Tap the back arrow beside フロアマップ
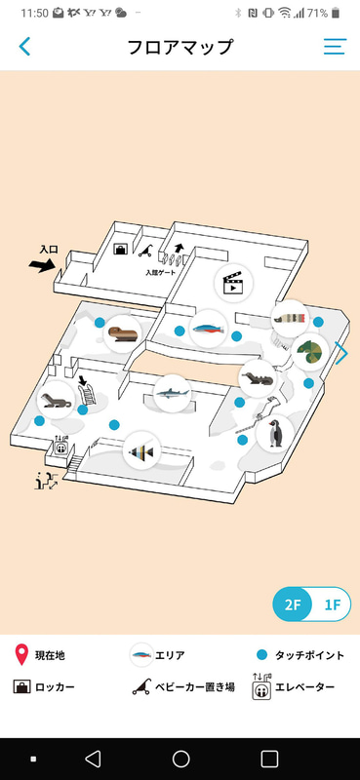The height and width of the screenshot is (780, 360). pyautogui.click(x=24, y=46)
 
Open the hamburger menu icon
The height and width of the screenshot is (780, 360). pyautogui.click(x=335, y=46)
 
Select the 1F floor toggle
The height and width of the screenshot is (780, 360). pyautogui.click(x=332, y=605)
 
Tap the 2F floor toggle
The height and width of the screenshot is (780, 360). pyautogui.click(x=293, y=604)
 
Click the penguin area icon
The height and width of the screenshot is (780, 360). pyautogui.click(x=275, y=433)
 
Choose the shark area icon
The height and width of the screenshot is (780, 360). pyautogui.click(x=173, y=394)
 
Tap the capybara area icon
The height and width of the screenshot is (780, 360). pyautogui.click(x=123, y=333)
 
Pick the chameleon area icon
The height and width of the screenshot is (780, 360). pyautogui.click(x=310, y=352)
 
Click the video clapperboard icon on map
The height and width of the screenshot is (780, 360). pyautogui.click(x=233, y=283)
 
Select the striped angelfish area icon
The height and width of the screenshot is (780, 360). pyautogui.click(x=141, y=451)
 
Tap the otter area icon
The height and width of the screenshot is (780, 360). pyautogui.click(x=258, y=378)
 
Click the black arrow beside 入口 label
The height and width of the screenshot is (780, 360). pyautogui.click(x=43, y=265)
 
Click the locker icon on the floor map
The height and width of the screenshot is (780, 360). pyautogui.click(x=121, y=249)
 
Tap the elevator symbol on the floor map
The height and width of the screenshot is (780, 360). pyautogui.click(x=61, y=446)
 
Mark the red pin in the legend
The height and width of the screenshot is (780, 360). pyautogui.click(x=21, y=654)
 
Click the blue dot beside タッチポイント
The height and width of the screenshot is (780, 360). pyautogui.click(x=261, y=655)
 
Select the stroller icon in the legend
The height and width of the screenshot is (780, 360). pyautogui.click(x=141, y=687)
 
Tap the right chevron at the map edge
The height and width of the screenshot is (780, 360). pyautogui.click(x=341, y=353)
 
